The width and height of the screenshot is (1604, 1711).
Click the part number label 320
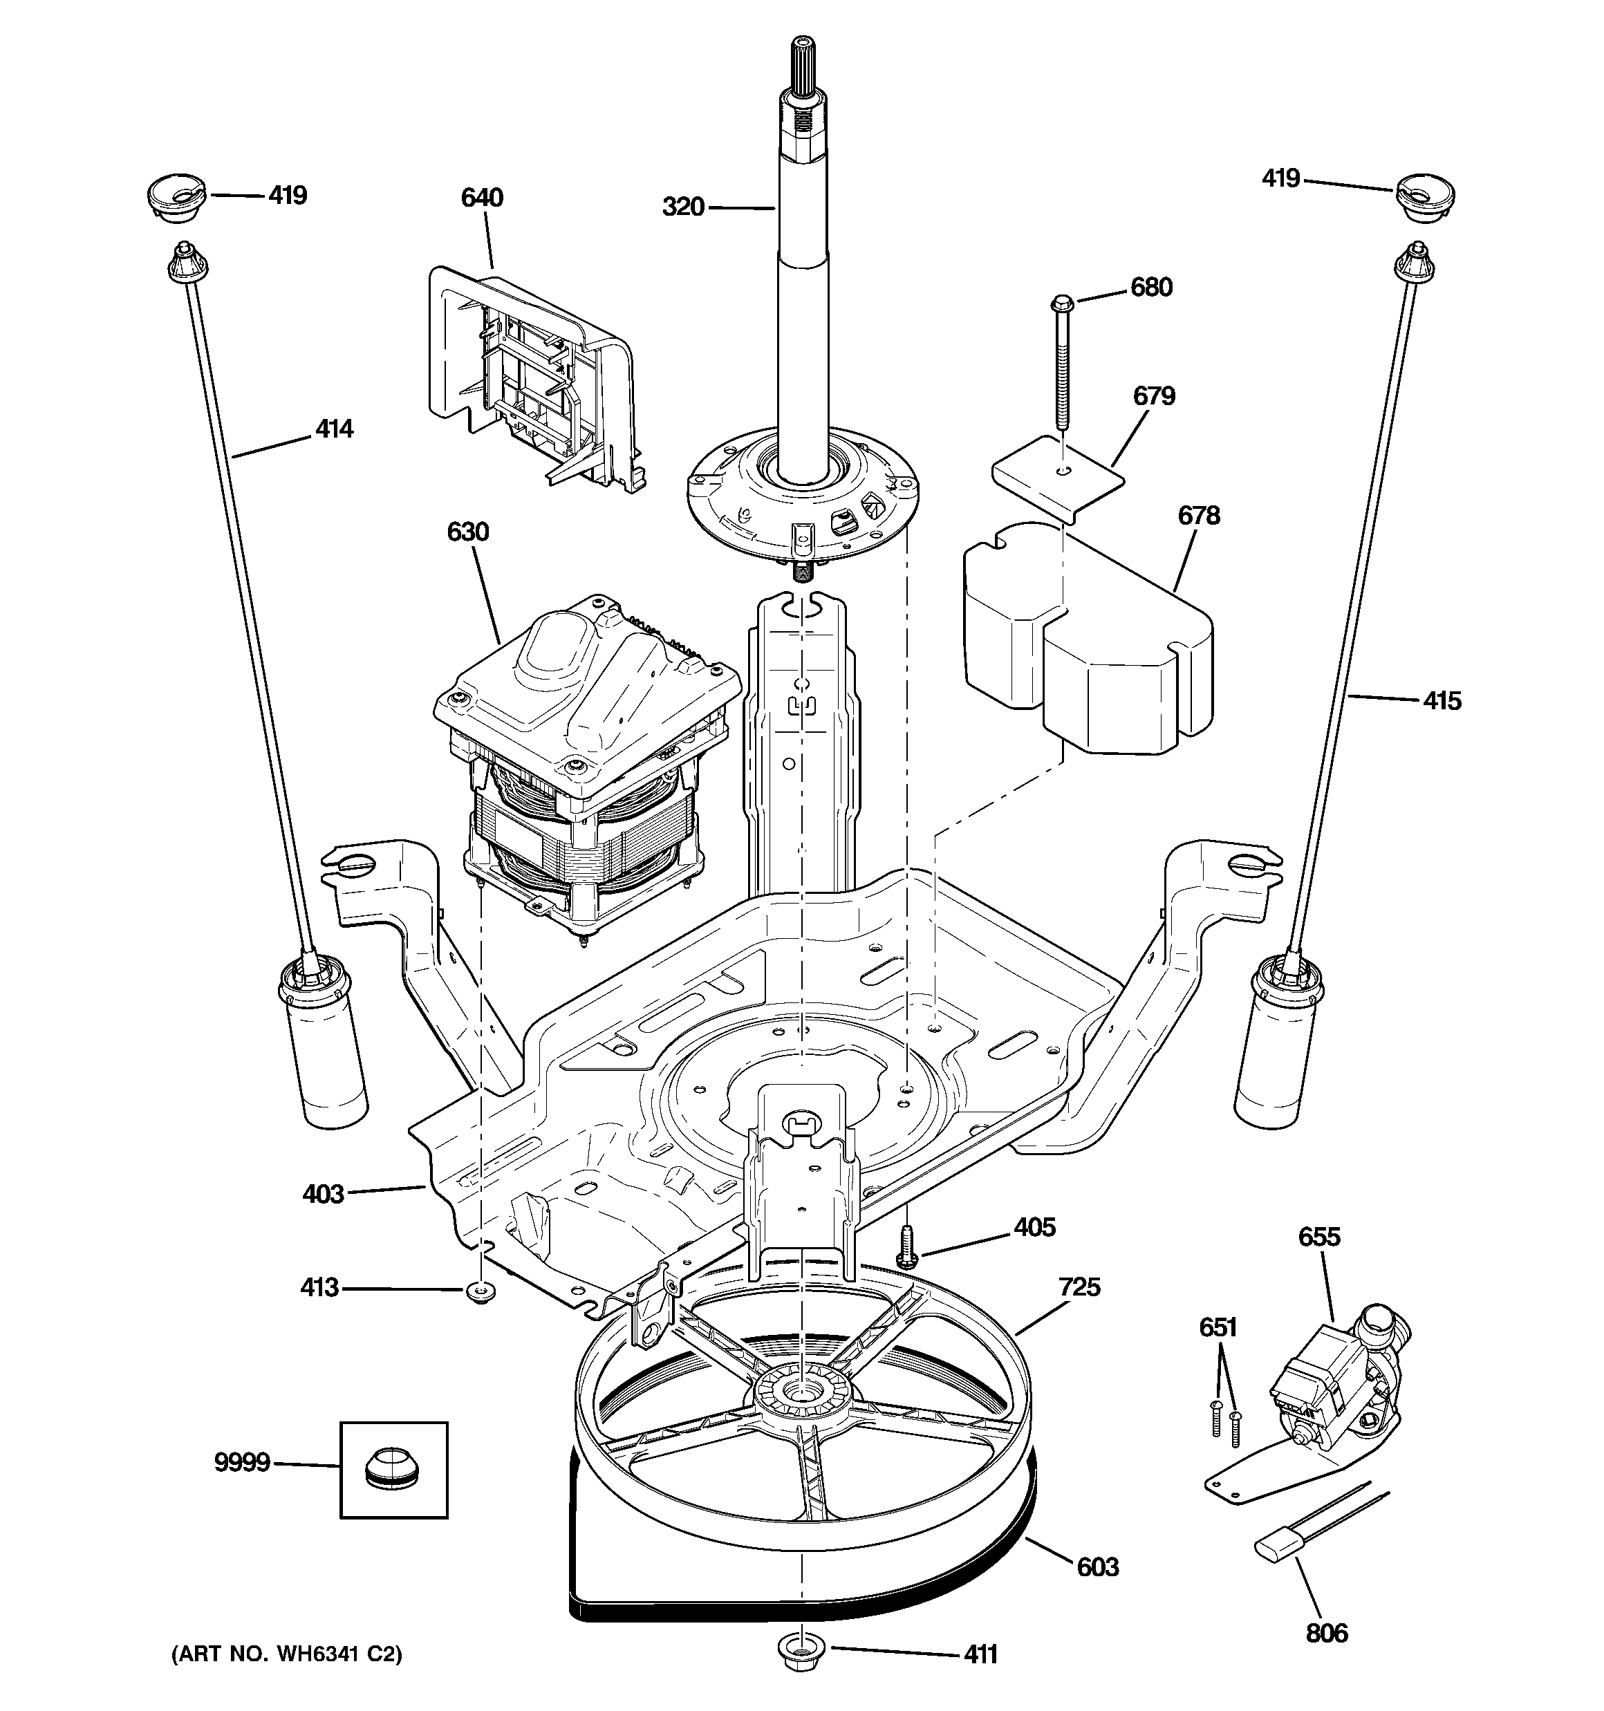click(683, 207)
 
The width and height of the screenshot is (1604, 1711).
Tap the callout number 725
click(1080, 1287)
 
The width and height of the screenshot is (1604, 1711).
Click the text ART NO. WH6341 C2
click(287, 1654)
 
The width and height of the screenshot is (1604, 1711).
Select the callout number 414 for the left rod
click(334, 429)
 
